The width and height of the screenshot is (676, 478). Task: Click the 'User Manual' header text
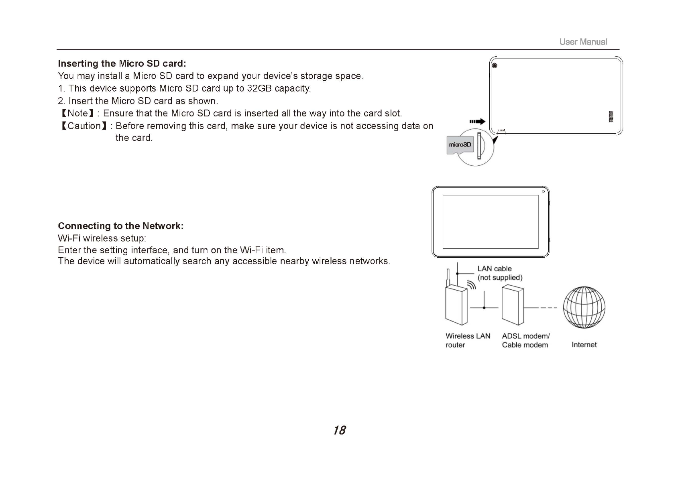coord(583,42)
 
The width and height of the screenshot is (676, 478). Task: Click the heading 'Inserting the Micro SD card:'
coord(122,63)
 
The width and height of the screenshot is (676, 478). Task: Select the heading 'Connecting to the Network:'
coord(120,226)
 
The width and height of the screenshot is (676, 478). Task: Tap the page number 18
coord(339,430)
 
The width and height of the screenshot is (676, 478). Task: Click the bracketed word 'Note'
coord(77,113)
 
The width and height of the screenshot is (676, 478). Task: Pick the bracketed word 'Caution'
coord(84,126)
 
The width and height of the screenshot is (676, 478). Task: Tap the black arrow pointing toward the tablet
coord(477,122)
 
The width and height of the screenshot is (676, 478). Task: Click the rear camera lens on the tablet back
coord(495,66)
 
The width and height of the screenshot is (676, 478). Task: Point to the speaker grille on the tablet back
coord(611,116)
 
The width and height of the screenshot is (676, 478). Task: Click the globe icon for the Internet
coord(584,307)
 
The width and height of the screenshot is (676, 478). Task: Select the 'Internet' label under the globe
coord(584,345)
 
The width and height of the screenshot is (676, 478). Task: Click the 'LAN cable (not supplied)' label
coord(499,273)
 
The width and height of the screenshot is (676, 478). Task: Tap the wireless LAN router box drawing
coord(456,305)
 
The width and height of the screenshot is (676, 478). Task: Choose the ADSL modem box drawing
coord(513,305)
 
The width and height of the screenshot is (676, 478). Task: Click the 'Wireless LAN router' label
coord(468,340)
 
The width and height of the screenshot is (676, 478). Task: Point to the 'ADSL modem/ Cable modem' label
coord(525,340)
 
